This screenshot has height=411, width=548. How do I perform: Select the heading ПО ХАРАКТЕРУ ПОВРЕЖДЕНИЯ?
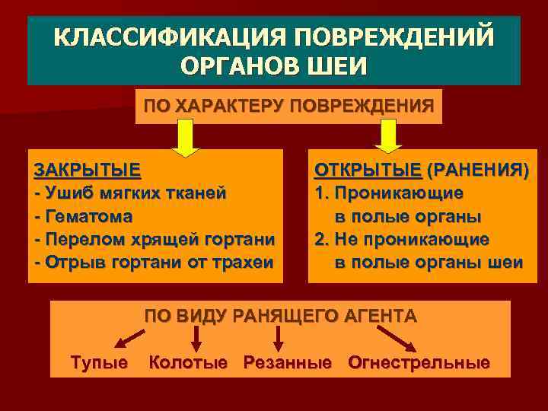(x=288, y=105)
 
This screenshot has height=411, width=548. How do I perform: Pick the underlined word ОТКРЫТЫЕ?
(x=368, y=169)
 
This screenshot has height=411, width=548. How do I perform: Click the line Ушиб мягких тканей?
(x=131, y=193)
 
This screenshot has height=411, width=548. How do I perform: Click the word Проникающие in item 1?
(x=400, y=193)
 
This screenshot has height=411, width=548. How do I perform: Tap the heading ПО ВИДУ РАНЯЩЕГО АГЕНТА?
(x=281, y=316)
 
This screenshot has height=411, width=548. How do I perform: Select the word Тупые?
(x=99, y=362)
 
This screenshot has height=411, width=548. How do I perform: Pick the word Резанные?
(x=288, y=362)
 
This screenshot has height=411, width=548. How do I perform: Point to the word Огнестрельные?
(x=419, y=362)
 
